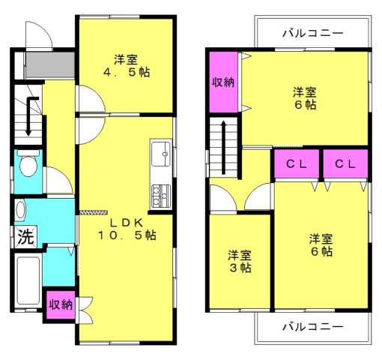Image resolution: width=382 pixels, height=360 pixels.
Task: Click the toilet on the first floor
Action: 28,163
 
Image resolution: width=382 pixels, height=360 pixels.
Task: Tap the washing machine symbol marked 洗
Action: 25,236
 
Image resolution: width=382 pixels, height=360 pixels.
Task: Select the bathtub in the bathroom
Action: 28,280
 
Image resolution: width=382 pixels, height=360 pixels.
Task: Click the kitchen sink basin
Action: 161,154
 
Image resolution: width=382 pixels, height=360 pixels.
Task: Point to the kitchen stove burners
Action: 161,196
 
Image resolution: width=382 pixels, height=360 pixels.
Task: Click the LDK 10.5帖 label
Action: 127,229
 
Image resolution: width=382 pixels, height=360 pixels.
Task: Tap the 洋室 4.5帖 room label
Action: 127,66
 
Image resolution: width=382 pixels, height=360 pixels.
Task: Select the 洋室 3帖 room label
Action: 240,262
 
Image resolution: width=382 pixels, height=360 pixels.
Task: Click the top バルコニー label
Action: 313,33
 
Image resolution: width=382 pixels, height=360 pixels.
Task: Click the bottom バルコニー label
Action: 313,326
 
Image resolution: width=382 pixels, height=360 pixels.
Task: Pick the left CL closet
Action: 297,163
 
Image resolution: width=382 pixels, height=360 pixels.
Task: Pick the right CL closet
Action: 345,163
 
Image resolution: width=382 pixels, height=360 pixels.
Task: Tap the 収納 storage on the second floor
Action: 223,82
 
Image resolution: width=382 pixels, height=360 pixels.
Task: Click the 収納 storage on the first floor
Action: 61,304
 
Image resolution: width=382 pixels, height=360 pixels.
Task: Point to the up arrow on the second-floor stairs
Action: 224,148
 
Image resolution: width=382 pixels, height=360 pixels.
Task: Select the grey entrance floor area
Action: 50,64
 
